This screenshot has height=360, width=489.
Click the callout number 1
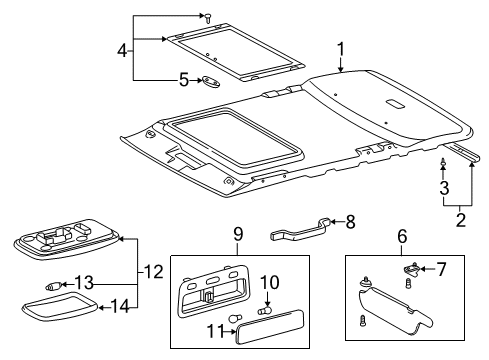tap(340, 47)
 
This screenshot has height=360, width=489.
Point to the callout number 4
tap(123, 48)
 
